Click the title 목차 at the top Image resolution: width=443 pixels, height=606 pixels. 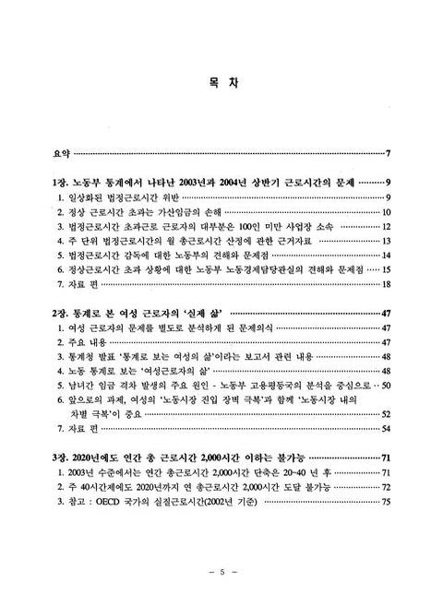click(221, 83)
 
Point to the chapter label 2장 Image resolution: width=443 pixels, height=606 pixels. click(62, 314)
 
